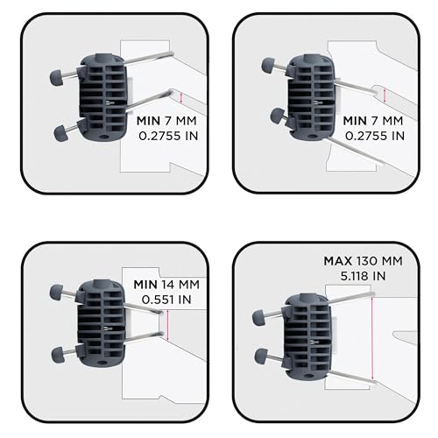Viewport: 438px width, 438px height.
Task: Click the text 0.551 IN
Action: (x=166, y=300)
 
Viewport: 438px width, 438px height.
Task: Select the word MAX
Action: (x=338, y=261)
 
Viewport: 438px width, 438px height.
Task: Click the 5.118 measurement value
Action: (x=355, y=276)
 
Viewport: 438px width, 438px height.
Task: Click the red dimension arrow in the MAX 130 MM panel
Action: (x=372, y=338)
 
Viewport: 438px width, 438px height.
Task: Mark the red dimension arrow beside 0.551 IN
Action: (x=167, y=325)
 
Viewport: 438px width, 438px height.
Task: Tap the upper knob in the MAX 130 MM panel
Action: (x=259, y=318)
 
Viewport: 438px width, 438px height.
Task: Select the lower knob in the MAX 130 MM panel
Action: (x=261, y=357)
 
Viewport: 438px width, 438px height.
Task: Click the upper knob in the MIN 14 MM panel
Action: (x=56, y=293)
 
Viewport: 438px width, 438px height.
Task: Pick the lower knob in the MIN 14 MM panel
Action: (x=59, y=354)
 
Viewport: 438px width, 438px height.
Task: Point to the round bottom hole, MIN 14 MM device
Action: (x=102, y=363)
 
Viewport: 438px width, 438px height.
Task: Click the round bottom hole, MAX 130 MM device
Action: (x=307, y=376)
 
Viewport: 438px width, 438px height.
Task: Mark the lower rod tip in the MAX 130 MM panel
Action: (x=374, y=382)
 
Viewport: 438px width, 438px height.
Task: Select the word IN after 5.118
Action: (x=379, y=276)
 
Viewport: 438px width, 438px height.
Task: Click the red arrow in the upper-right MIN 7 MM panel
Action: (x=385, y=95)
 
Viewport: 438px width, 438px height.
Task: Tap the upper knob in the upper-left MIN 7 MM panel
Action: (x=56, y=78)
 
